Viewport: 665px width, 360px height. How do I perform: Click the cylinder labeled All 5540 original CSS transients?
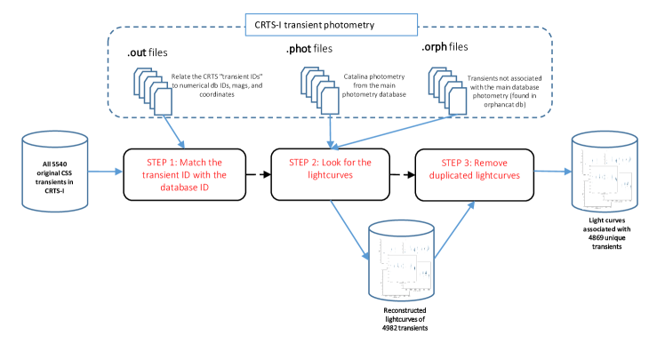(x=56, y=173)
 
